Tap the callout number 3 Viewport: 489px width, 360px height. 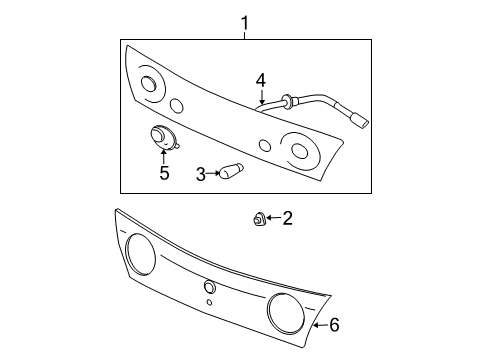(x=200, y=174)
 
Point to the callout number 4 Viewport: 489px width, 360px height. (x=260, y=79)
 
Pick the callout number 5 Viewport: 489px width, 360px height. (x=164, y=173)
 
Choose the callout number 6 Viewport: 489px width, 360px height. (x=335, y=325)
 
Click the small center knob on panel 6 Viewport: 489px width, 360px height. (x=208, y=287)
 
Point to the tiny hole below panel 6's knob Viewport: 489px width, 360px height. (x=209, y=302)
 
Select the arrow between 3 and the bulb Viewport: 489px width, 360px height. (x=213, y=173)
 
